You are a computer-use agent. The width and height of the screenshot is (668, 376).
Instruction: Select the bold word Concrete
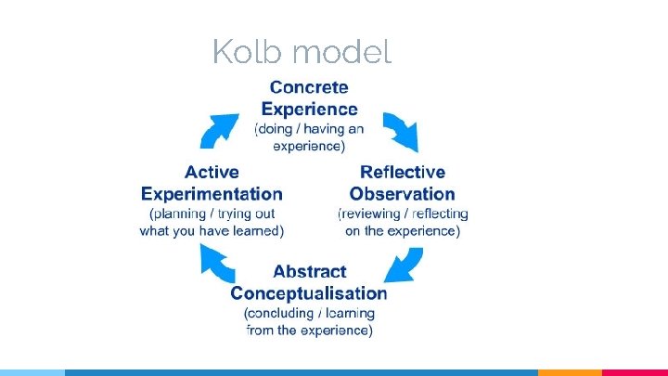click(309, 87)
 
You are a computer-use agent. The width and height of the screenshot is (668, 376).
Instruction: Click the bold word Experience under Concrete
click(309, 109)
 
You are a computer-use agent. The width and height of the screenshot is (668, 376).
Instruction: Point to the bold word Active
click(212, 172)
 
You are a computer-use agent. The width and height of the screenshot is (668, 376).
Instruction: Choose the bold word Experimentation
click(212, 194)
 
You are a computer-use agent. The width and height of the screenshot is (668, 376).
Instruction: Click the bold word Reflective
click(403, 172)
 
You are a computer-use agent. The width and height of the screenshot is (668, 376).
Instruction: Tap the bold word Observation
click(403, 194)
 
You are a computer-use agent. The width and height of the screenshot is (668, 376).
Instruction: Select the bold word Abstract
click(309, 272)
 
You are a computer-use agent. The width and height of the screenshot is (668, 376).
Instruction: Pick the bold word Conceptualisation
click(309, 293)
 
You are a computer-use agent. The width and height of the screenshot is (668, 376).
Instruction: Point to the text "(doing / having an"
click(309, 129)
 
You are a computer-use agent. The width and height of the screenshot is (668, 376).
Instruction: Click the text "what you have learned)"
click(212, 231)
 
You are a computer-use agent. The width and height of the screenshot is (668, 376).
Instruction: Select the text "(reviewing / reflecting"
click(403, 214)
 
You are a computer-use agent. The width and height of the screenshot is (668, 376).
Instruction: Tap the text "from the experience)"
click(309, 331)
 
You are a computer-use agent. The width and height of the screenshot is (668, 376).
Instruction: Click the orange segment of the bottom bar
click(570, 372)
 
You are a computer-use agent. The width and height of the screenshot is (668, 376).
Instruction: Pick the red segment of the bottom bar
click(636, 372)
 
